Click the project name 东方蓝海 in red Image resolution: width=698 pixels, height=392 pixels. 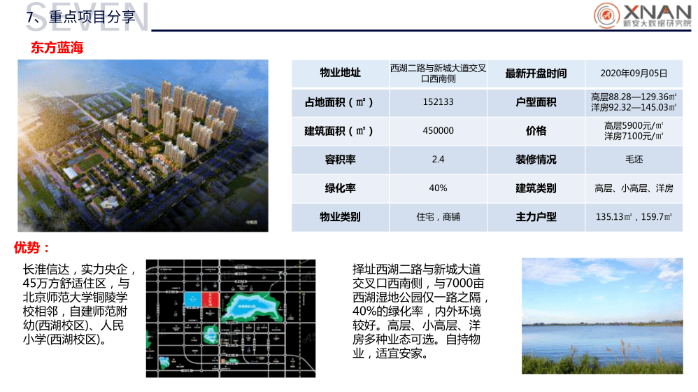pyautogui.click(x=57, y=48)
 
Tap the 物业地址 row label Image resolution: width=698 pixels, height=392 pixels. pyautogui.click(x=340, y=73)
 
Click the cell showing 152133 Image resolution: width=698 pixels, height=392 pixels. pyautogui.click(x=438, y=102)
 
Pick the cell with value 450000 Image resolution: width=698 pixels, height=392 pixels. pyautogui.click(x=438, y=131)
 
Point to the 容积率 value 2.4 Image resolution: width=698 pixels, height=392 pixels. pyautogui.click(x=438, y=160)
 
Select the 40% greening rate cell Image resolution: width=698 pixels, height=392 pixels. pyautogui.click(x=438, y=188)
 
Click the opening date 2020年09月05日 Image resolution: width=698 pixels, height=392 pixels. pyautogui.click(x=634, y=73)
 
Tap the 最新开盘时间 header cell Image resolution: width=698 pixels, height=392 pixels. pyautogui.click(x=536, y=73)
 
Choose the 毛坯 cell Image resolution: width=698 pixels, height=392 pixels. pyautogui.click(x=634, y=160)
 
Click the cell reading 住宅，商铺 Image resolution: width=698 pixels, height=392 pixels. pyautogui.click(x=438, y=217)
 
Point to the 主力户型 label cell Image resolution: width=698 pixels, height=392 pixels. pyautogui.click(x=536, y=217)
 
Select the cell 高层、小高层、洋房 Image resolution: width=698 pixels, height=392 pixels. pyautogui.click(x=634, y=188)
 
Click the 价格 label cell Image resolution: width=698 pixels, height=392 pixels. pyautogui.click(x=536, y=131)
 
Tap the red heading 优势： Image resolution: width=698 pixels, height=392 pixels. pyautogui.click(x=32, y=248)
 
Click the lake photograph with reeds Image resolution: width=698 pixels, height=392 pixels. pyautogui.click(x=601, y=316)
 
